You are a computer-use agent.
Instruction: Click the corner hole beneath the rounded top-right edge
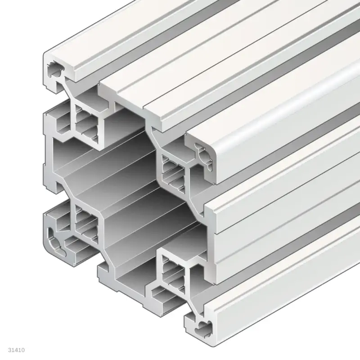pos(205,152)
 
